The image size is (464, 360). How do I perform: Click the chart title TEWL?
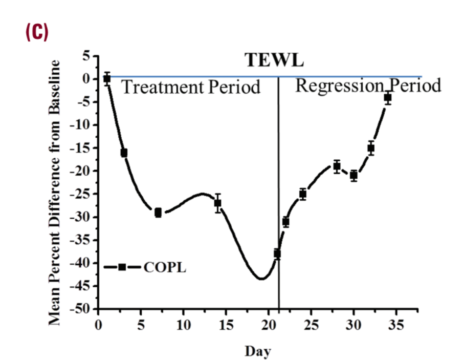point(274,60)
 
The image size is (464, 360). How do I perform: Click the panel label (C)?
point(36,32)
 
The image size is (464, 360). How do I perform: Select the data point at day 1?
point(107,78)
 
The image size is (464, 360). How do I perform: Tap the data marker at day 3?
point(124,153)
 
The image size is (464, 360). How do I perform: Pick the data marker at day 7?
point(158,213)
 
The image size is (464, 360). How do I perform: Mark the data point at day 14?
point(218,203)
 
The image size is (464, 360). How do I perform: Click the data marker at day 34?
point(388,97)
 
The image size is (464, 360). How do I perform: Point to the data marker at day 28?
point(337,166)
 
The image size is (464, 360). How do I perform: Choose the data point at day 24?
point(303,194)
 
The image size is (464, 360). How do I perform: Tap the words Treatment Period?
point(190,88)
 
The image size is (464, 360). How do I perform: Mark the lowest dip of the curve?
point(261,279)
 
